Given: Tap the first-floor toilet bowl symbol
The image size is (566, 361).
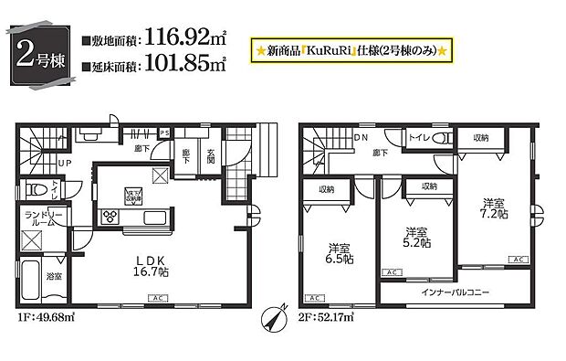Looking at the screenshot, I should click(37, 189).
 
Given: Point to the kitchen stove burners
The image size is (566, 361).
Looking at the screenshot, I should click(111, 217).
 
